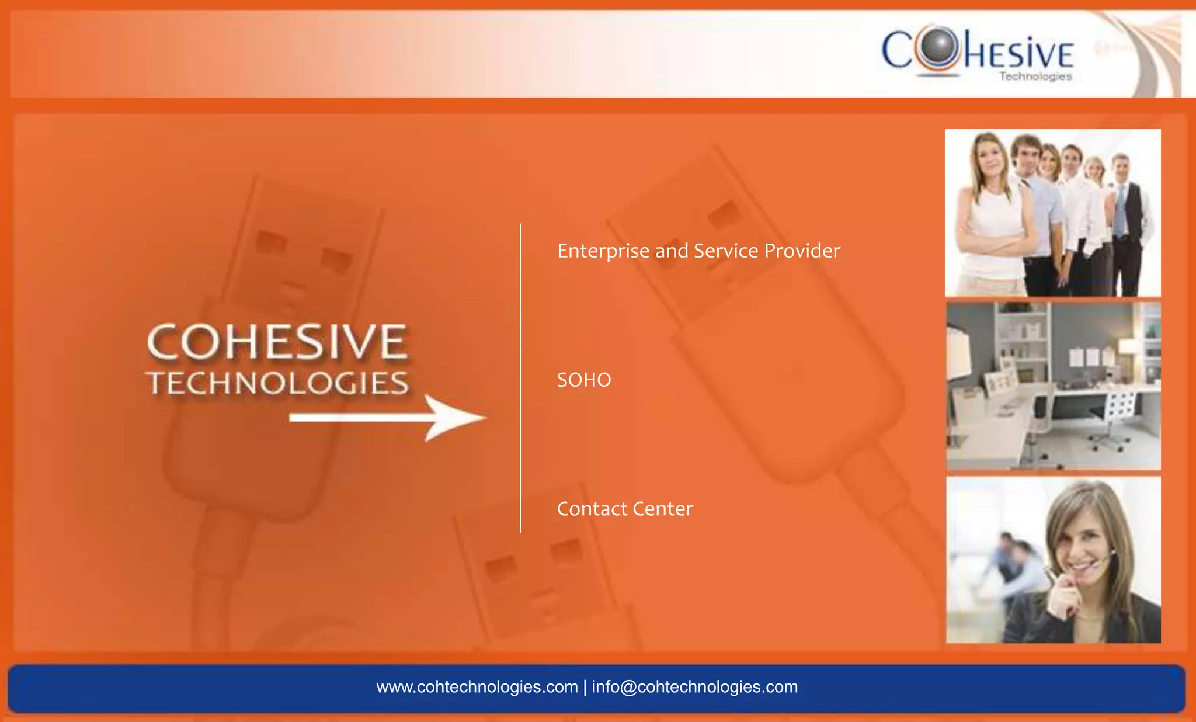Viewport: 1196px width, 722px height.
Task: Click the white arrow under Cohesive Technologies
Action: (x=388, y=418)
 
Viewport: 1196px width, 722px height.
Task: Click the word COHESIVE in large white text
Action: (x=277, y=342)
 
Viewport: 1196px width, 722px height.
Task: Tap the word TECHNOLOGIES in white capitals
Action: (x=278, y=383)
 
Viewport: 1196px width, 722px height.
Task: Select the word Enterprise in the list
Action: (x=603, y=251)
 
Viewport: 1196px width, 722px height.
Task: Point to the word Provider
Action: (x=802, y=251)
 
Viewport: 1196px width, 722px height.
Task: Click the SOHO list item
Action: (x=584, y=380)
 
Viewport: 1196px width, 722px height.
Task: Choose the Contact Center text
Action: (x=625, y=509)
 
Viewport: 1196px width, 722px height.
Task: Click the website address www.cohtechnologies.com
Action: (x=477, y=687)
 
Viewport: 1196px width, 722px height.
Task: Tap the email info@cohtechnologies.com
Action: (x=695, y=687)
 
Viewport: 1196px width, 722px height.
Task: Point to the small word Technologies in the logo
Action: (x=1035, y=77)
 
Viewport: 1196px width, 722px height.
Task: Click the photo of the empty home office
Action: (x=1053, y=386)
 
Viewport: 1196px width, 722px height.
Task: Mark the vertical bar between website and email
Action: (x=585, y=687)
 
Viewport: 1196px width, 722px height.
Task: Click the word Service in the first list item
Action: (x=726, y=251)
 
